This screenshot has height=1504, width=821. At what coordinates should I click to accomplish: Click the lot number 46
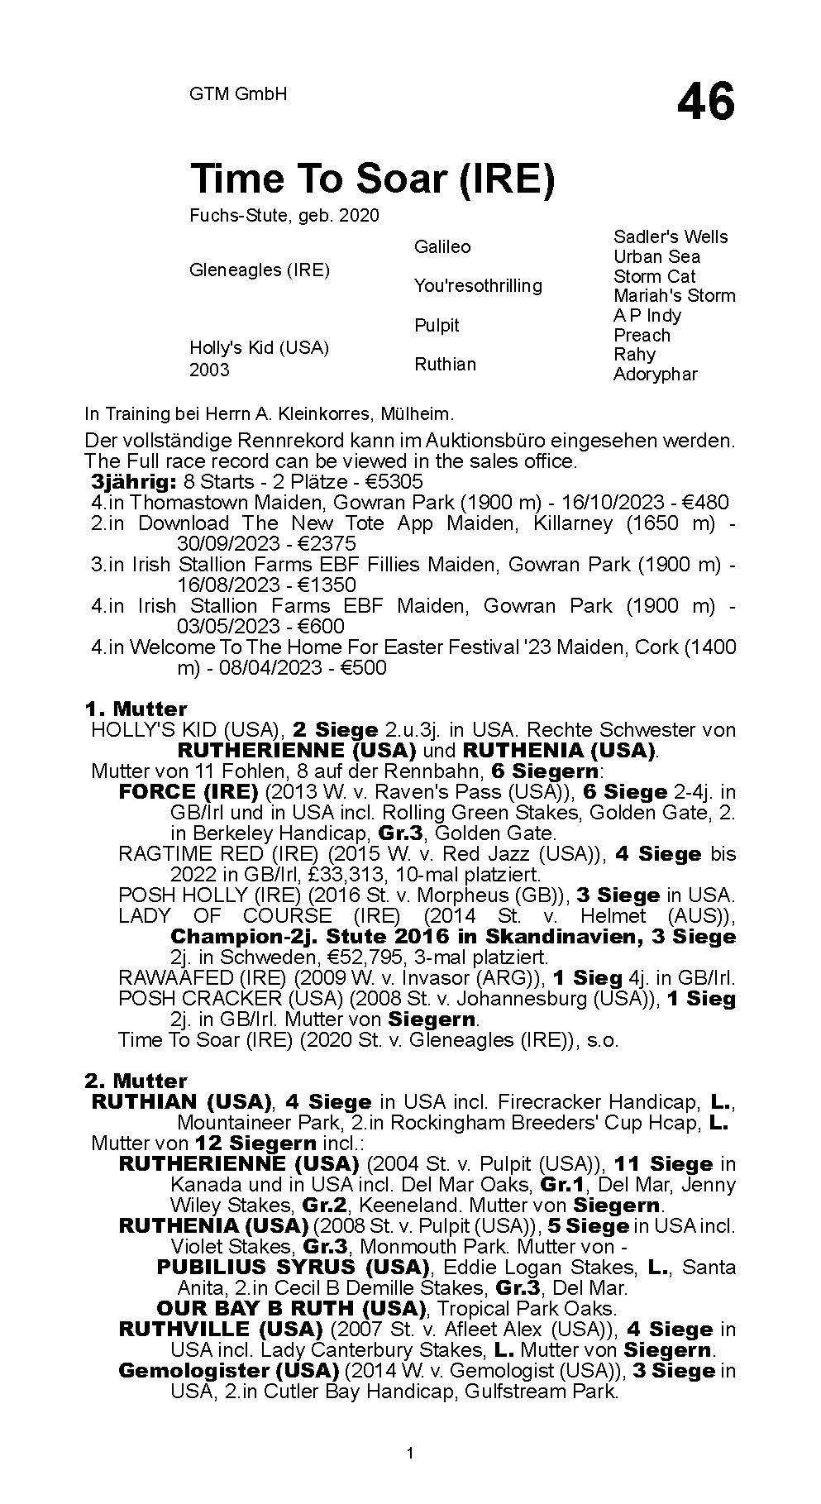tap(705, 103)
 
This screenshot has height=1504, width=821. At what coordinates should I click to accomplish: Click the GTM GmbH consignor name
tap(238, 94)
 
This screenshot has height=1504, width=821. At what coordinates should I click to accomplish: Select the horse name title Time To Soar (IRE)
tap(372, 179)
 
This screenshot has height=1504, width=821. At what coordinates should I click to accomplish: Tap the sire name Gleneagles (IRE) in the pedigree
tap(260, 270)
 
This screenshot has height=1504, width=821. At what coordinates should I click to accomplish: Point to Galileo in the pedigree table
tap(442, 247)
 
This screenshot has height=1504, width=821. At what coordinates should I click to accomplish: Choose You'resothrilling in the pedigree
tap(478, 286)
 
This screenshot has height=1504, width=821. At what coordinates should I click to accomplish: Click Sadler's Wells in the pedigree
tap(671, 237)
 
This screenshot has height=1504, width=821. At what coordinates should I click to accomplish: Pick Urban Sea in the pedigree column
tap(656, 257)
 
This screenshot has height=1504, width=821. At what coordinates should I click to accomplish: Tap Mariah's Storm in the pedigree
tap(674, 296)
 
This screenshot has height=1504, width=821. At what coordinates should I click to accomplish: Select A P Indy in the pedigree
tap(647, 316)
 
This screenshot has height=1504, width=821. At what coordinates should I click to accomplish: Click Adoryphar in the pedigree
tap(656, 375)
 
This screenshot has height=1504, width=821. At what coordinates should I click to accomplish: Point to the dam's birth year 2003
tap(209, 370)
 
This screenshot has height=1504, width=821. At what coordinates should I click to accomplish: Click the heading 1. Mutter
tap(136, 709)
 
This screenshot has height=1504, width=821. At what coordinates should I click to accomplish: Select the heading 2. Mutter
tap(136, 1081)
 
